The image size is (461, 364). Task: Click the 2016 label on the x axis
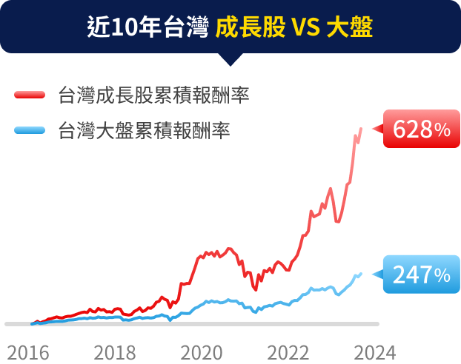point(28,351)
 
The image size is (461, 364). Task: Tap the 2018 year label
point(114,351)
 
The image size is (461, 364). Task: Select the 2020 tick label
point(201,351)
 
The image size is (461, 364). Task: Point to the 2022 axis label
point(288,351)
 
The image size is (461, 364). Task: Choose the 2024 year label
point(374,351)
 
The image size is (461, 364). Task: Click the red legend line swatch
point(30,95)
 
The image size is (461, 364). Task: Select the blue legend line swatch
point(30,131)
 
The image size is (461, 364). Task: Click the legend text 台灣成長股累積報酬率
point(153,95)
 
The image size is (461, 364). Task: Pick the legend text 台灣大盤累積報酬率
point(143,131)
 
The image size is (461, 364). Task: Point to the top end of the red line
point(361,129)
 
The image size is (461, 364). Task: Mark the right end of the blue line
point(361,274)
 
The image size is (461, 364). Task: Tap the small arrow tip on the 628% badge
point(374,129)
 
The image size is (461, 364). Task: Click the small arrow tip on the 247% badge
point(374,275)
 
